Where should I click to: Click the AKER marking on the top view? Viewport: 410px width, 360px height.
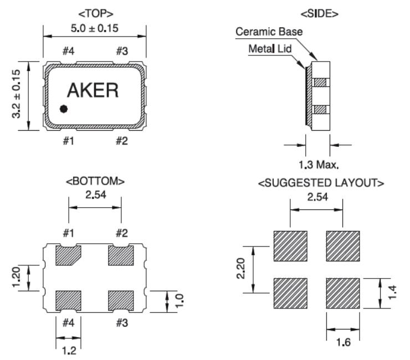tap(93, 90)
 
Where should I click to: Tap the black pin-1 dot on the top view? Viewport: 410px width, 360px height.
tap(64, 109)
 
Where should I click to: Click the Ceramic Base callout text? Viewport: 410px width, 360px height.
tap(269, 32)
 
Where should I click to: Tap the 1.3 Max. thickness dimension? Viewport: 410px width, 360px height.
tap(319, 164)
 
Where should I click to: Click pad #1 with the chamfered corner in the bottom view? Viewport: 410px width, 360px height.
tap(68, 255)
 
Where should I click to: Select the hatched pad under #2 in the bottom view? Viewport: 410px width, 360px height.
tap(121, 255)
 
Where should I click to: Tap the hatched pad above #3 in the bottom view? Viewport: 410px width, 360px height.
tap(121, 300)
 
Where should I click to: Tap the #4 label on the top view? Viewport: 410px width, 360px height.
tap(68, 52)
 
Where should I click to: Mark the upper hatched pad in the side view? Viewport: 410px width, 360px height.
tap(321, 83)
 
